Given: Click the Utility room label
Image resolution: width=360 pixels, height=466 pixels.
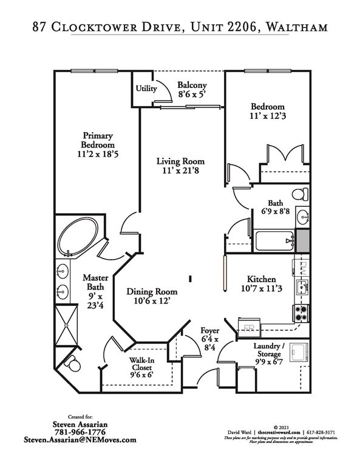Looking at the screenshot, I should [146, 89].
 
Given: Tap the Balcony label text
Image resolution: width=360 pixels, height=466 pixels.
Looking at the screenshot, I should [192, 86].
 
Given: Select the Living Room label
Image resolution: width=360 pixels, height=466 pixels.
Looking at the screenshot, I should [180, 161].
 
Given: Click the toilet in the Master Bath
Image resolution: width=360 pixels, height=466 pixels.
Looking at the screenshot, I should [73, 365].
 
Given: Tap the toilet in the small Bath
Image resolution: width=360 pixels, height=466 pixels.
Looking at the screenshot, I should [300, 195].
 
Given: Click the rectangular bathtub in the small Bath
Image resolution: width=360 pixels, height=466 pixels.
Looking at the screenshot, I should [274, 241].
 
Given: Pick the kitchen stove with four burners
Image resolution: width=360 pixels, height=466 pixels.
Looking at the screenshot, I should [301, 312].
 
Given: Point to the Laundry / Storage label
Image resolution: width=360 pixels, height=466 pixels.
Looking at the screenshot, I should [268, 349].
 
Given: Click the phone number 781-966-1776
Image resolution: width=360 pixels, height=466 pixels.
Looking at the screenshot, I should [80, 431].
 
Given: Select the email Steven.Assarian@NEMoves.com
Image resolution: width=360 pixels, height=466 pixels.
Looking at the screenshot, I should [80, 439].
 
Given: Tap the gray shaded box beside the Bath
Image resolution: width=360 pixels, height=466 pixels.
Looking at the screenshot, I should [302, 240].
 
